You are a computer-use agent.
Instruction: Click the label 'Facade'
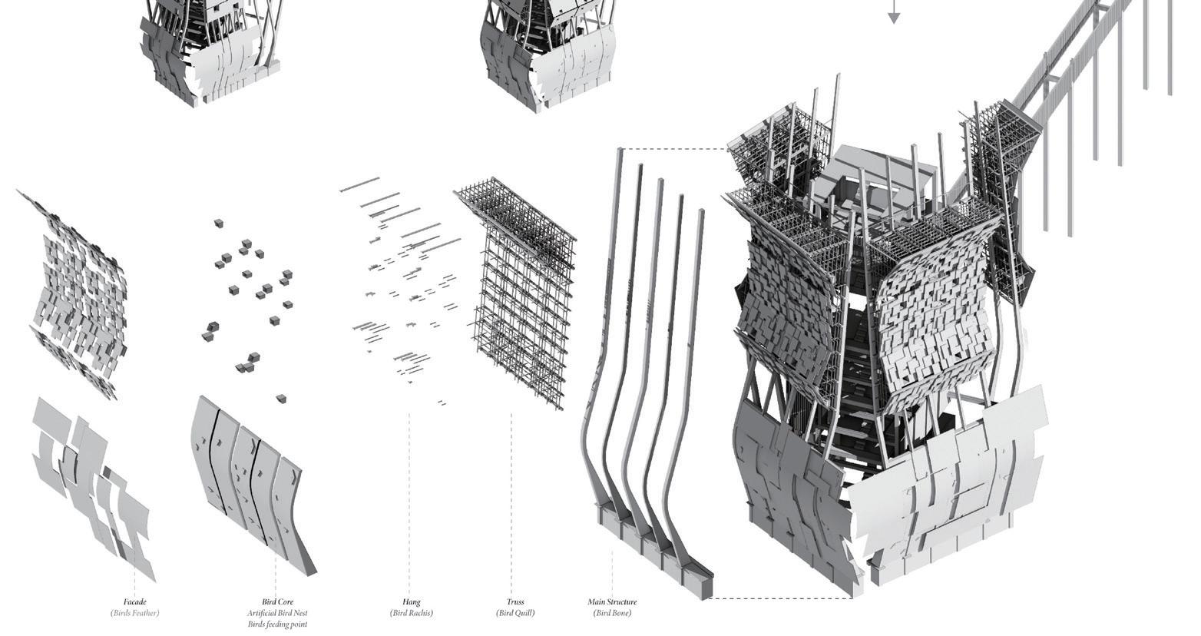pos(134,602)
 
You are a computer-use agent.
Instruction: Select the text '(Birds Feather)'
pos(134,613)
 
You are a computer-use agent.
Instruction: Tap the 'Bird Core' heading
pos(277,602)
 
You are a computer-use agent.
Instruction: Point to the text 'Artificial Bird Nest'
pos(277,613)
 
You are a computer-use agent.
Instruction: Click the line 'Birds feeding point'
pos(277,624)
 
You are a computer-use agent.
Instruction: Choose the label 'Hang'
pos(411,602)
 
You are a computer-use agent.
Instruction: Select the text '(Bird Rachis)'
pos(411,613)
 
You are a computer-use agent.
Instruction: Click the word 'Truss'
pos(514,602)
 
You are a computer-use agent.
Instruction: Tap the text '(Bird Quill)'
pos(514,613)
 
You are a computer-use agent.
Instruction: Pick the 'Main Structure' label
pos(612,602)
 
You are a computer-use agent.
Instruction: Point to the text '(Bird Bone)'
pos(612,613)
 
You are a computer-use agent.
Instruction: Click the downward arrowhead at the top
pos(893,17)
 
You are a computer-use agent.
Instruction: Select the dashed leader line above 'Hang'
pos(409,499)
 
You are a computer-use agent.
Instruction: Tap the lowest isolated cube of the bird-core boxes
pos(281,399)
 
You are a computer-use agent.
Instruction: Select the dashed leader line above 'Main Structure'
pos(612,572)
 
